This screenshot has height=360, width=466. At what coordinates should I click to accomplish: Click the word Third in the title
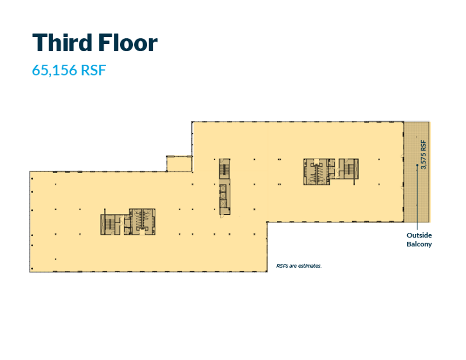coord(62,43)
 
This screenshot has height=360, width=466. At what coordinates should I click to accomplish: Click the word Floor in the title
coord(128,43)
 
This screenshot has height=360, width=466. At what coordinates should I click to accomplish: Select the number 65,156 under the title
coord(55,70)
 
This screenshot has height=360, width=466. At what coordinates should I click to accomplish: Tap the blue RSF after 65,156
coord(93,70)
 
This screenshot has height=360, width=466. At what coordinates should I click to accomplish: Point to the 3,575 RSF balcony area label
coord(423,155)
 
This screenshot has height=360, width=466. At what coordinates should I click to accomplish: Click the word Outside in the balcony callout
coord(419,235)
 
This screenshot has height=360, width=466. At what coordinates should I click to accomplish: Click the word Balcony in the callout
coord(419,244)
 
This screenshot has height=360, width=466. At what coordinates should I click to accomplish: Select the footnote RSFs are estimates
coord(299,266)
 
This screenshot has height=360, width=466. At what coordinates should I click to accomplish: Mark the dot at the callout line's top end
coord(417,166)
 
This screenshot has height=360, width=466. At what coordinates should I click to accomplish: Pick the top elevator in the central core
coord(223,188)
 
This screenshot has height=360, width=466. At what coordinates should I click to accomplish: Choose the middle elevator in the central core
coord(223,196)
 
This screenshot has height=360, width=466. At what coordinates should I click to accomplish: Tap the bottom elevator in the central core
coord(223,204)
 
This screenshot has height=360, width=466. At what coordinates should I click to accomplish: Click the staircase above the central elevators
coord(225,169)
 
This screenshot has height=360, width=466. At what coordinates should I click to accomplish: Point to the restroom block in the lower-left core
coord(142,222)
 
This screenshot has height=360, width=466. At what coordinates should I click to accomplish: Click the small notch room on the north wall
coord(179,163)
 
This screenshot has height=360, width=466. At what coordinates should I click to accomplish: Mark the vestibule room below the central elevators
coord(225,211)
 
